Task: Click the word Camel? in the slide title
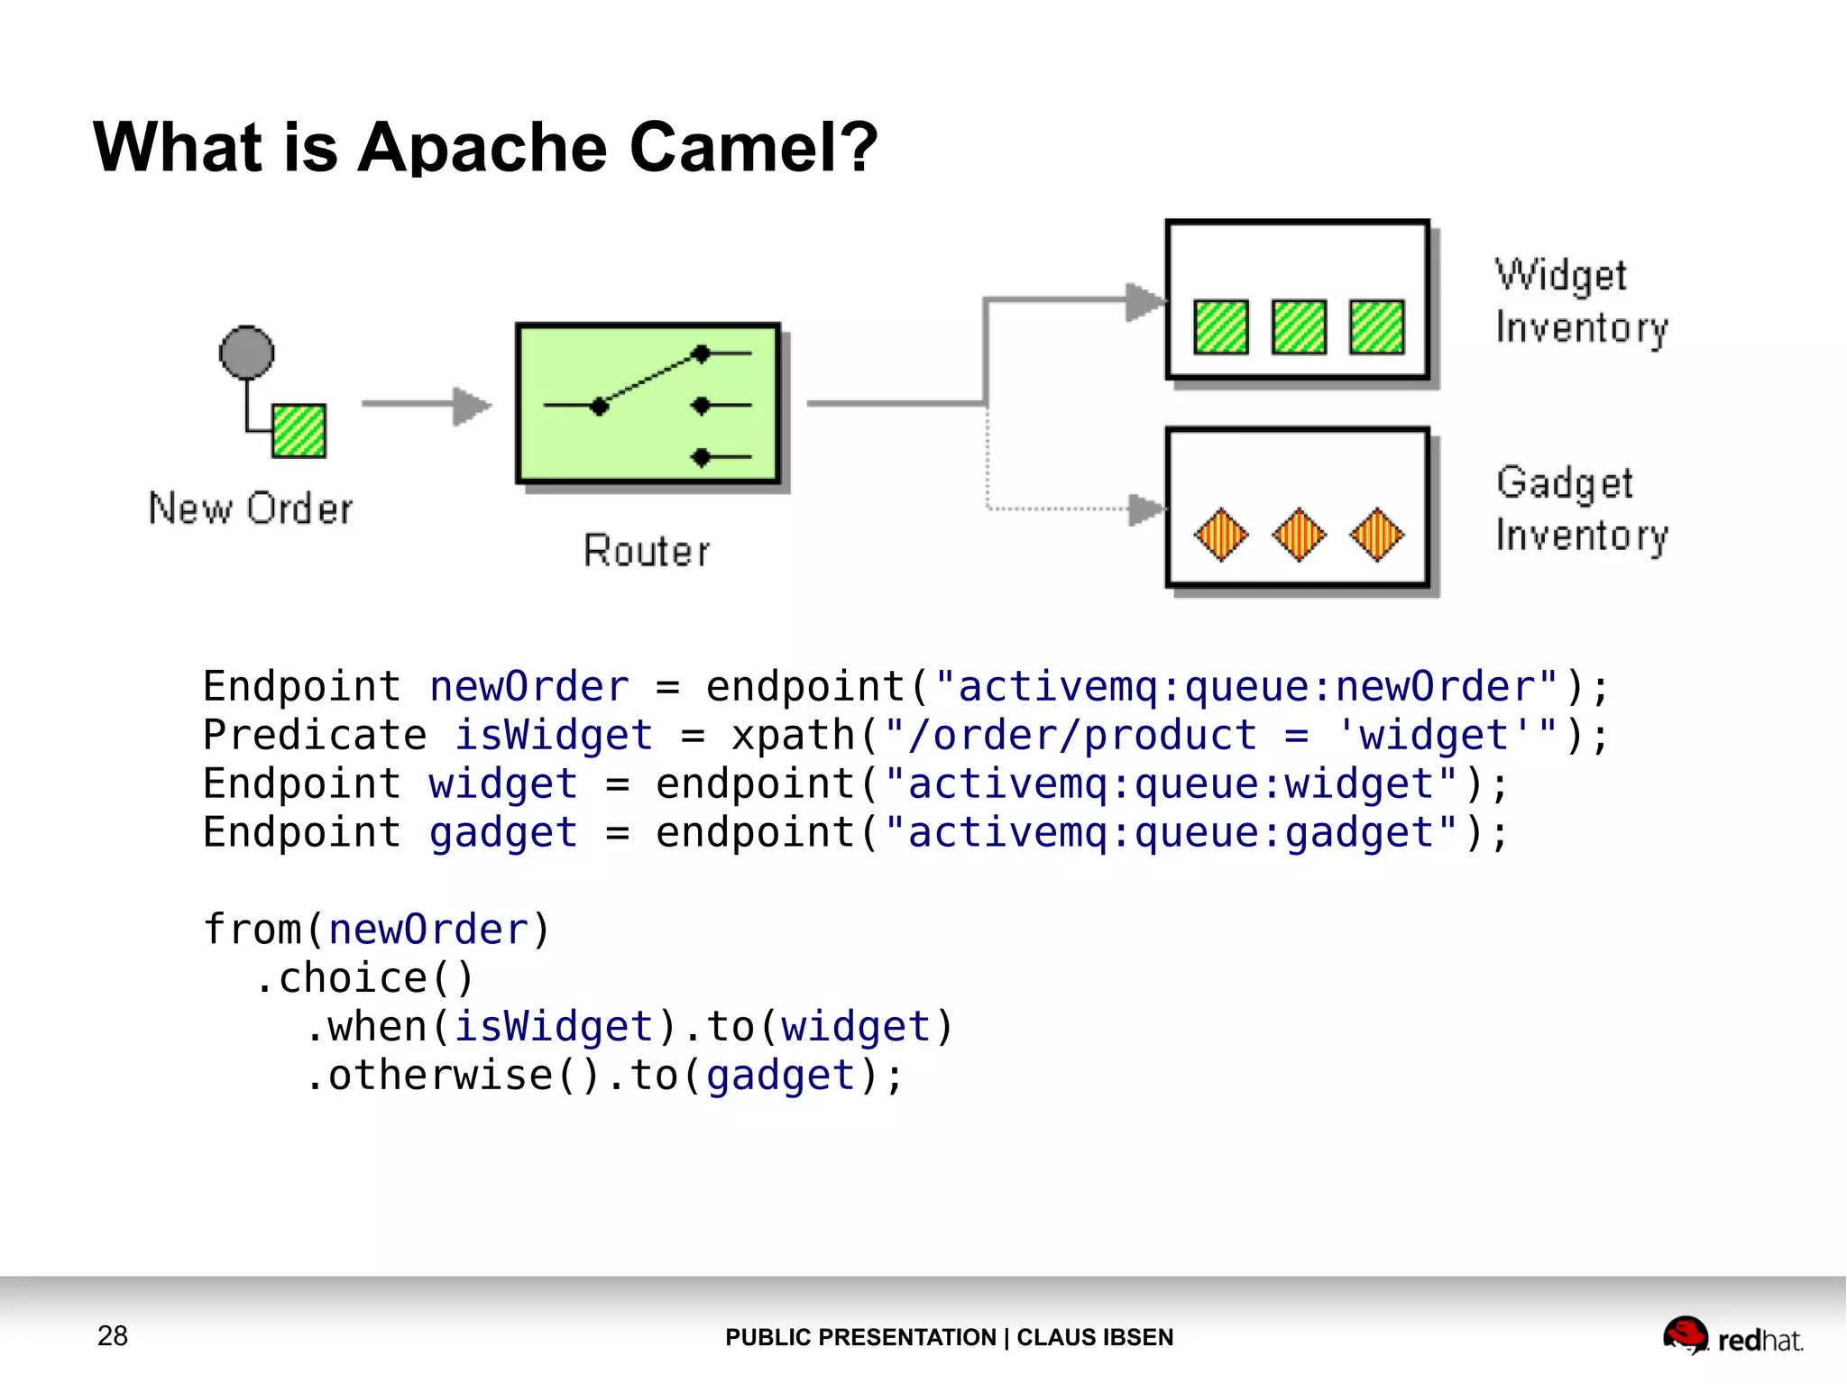753,147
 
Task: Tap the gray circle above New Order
246,352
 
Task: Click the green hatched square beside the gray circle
299,431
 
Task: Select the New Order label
251,509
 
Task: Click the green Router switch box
648,404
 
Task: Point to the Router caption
647,551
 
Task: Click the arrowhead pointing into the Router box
472,405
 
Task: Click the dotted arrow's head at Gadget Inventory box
1146,509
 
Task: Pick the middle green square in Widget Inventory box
1299,326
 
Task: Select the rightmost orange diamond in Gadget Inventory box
1376,534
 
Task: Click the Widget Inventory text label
1581,301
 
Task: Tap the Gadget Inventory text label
1581,509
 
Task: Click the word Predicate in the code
315,735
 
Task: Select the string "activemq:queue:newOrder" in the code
1246,687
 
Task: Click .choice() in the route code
363,978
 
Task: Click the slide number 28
113,1335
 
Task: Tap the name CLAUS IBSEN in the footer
1095,1337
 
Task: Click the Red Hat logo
1732,1336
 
